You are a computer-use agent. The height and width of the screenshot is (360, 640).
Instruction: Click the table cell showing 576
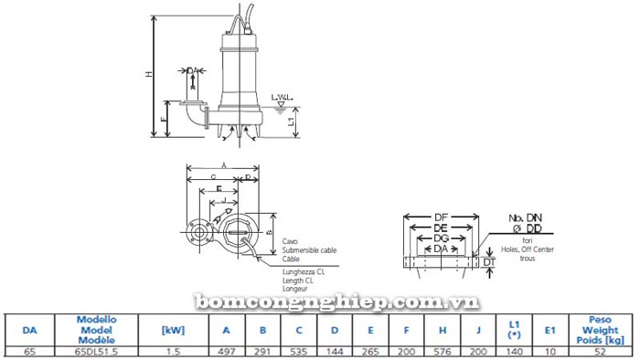tap(442, 351)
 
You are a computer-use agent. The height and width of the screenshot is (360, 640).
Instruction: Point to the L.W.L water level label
tap(281, 97)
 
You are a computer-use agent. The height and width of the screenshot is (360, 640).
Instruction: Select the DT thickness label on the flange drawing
tap(489, 263)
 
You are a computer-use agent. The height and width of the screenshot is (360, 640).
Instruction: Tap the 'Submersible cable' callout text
tap(310, 249)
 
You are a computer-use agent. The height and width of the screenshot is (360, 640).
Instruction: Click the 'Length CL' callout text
tap(304, 279)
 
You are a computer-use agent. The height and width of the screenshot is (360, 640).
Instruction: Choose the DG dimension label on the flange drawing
tap(442, 238)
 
